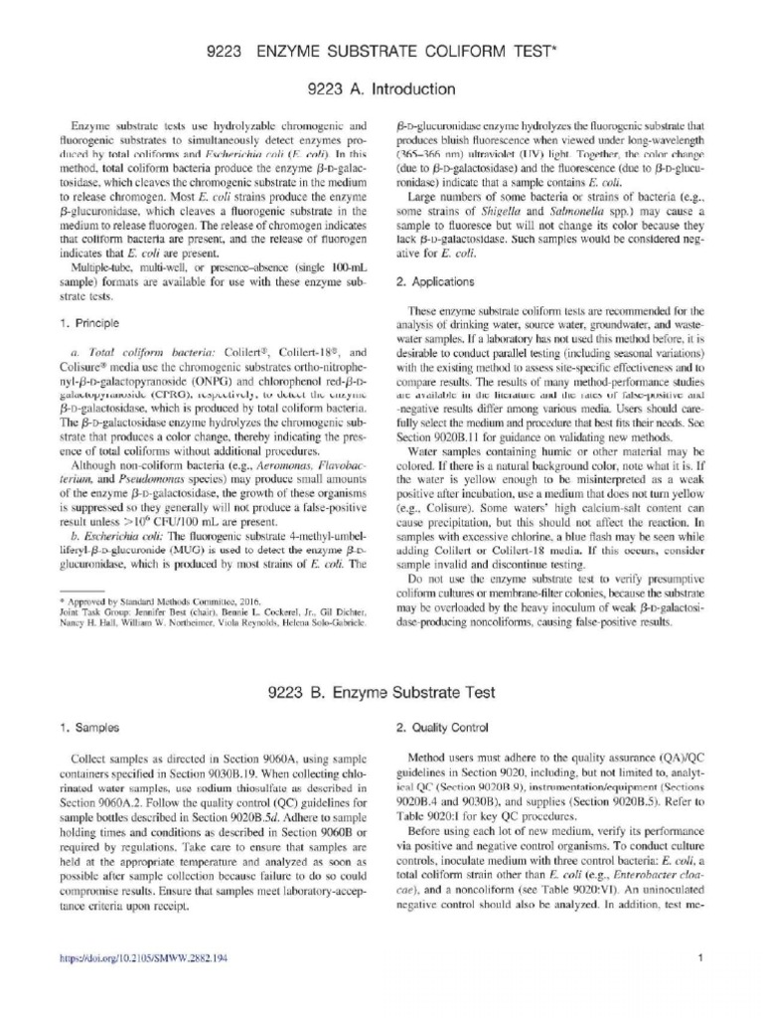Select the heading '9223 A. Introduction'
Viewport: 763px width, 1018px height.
(381, 89)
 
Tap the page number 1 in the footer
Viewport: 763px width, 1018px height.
(700, 958)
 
